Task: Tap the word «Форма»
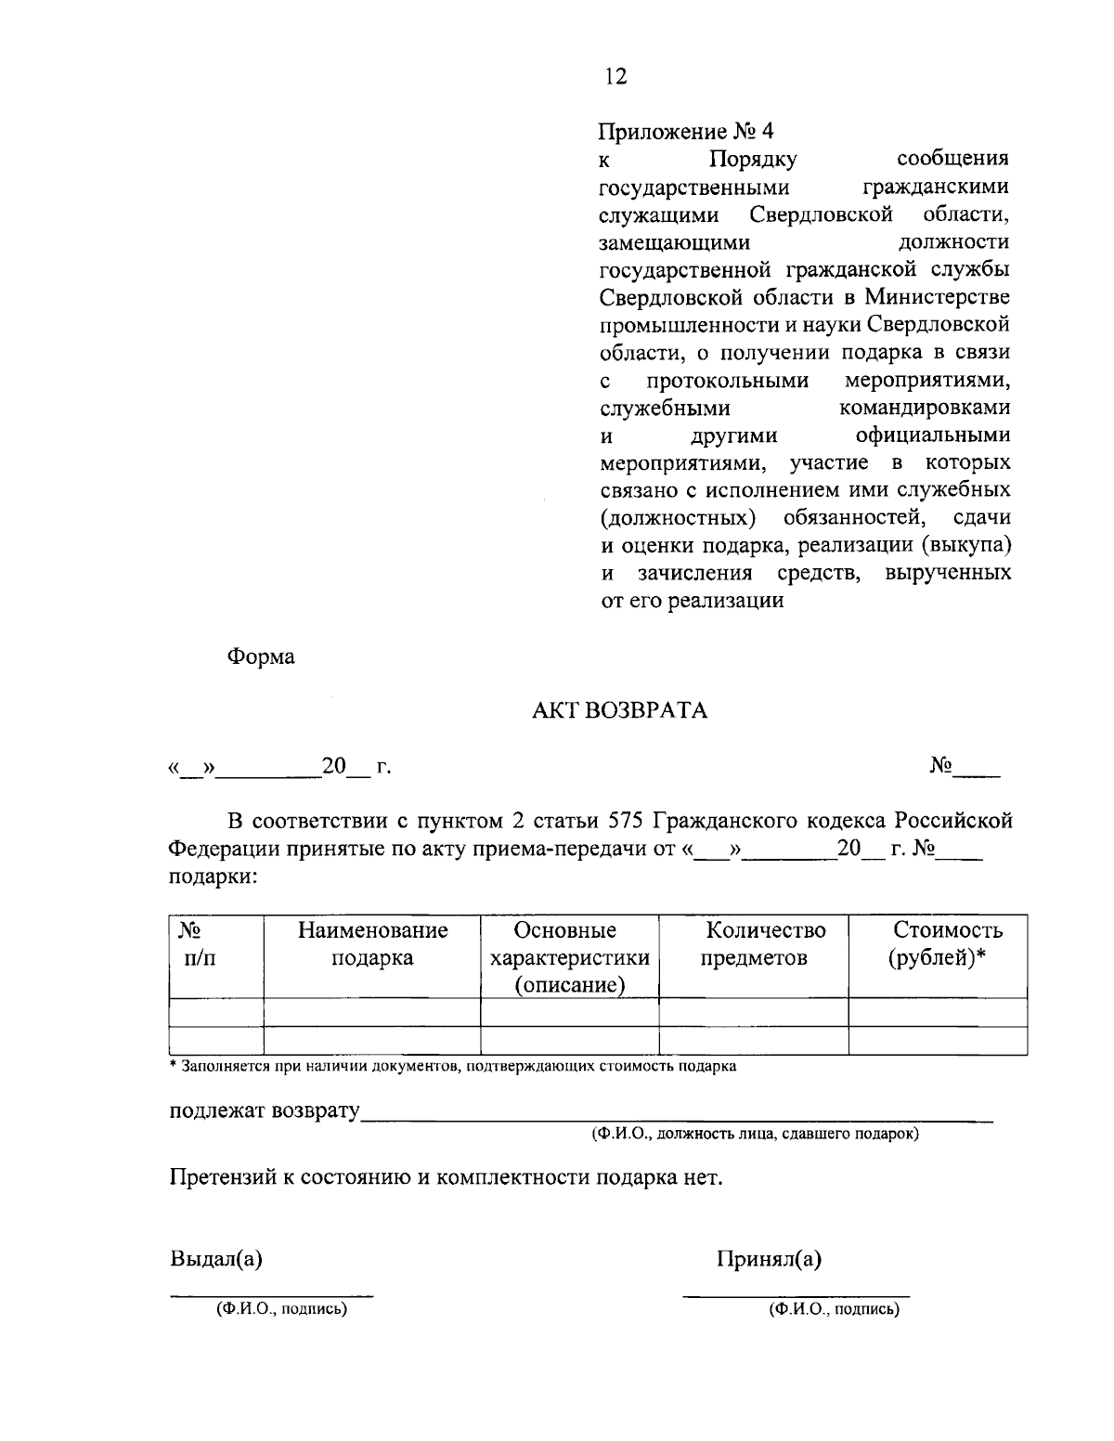coord(261,656)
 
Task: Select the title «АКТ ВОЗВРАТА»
coord(619,711)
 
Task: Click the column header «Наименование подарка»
coord(372,943)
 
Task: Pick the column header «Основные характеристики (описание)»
coord(569,956)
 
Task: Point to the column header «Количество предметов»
coord(753,943)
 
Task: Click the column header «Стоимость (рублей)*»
coord(938,943)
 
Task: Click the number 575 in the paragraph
coord(626,822)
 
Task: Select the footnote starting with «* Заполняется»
coord(453,1067)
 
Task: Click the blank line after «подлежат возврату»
coord(677,1117)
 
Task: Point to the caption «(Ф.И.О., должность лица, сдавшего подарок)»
coord(755,1134)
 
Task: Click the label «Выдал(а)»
coord(216,1259)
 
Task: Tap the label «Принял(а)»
coord(769,1259)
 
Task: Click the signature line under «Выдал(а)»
coord(271,1292)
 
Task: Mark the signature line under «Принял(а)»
coord(796,1292)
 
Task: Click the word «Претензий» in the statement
coord(220,1178)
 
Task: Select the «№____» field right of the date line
coord(965,767)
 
